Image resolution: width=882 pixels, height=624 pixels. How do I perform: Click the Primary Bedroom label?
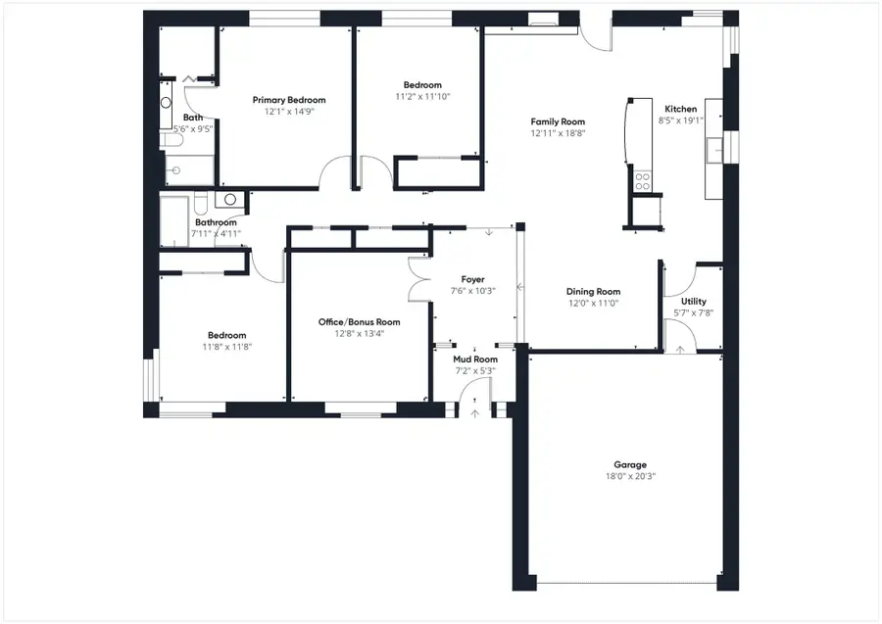(x=288, y=100)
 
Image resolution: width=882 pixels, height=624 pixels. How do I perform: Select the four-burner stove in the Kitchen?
(x=644, y=180)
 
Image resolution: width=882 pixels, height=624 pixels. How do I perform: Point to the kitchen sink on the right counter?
(x=714, y=149)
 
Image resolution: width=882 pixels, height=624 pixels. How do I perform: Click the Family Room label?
(x=558, y=121)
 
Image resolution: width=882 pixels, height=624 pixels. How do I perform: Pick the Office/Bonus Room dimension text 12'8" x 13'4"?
(x=359, y=334)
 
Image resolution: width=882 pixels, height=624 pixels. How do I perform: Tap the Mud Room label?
(x=474, y=360)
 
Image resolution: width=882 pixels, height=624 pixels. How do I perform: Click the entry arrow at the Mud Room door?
(x=475, y=412)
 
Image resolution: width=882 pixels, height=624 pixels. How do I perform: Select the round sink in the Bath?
(x=166, y=102)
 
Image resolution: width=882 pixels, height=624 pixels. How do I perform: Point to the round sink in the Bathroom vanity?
(x=229, y=200)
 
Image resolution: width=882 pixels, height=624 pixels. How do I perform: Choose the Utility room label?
(x=693, y=302)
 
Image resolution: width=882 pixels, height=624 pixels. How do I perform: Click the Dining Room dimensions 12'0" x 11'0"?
(x=593, y=304)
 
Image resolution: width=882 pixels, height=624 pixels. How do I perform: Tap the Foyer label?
(x=473, y=279)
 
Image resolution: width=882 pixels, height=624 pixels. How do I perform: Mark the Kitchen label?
(x=681, y=109)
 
